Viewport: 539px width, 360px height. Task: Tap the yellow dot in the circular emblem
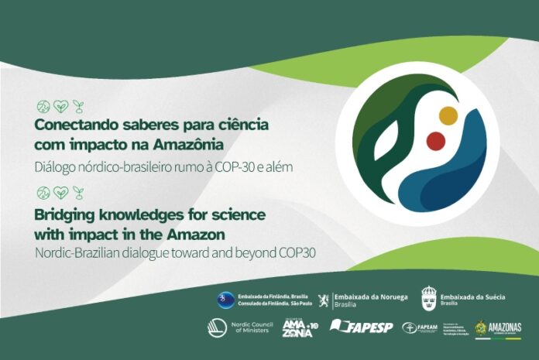448,115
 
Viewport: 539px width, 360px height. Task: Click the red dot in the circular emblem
436,141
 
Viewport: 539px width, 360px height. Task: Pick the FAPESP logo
359,327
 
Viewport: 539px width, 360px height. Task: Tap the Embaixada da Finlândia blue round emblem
225,298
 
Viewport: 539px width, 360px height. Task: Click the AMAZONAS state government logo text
505,327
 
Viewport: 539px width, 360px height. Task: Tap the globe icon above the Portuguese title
43,106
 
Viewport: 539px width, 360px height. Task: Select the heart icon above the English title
60,192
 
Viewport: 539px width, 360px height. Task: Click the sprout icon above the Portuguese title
77,106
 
